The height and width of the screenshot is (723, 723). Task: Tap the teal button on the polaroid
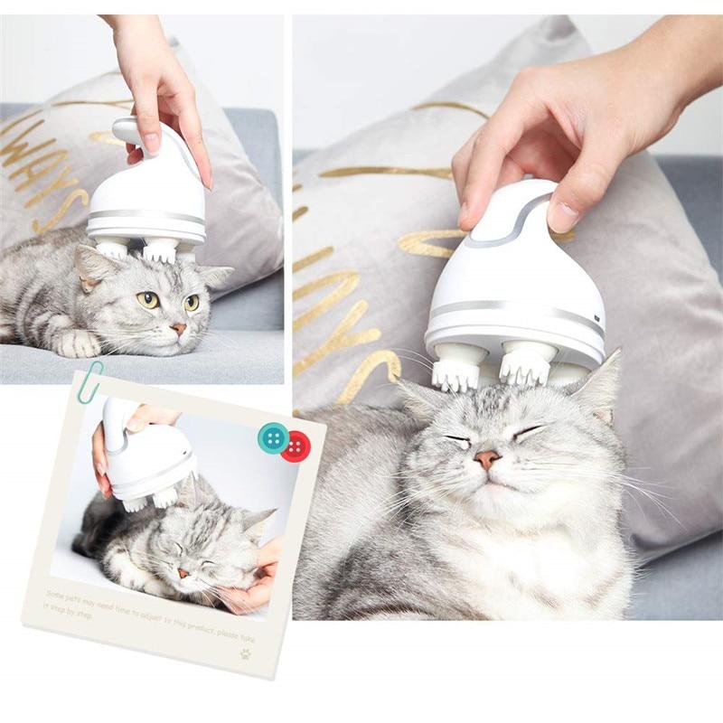pos(273,437)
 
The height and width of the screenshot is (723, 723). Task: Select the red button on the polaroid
pos(295,446)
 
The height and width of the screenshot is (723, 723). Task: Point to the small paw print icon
pos(245,653)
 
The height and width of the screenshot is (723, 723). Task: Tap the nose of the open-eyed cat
pos(178,328)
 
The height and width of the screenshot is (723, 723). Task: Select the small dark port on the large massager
pos(597,319)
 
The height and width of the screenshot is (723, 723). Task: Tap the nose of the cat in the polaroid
pos(183,572)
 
